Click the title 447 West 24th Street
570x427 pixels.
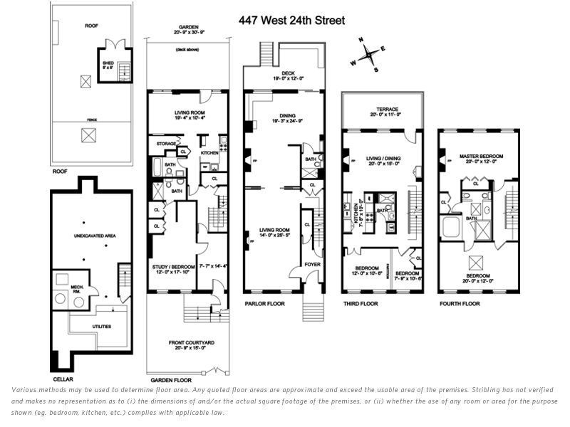(x=291, y=21)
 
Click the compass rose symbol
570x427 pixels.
(x=369, y=54)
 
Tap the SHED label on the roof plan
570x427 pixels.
(x=108, y=63)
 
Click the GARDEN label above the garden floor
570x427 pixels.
(x=187, y=27)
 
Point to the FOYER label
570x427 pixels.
(x=313, y=263)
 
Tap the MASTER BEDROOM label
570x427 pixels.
(x=482, y=156)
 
